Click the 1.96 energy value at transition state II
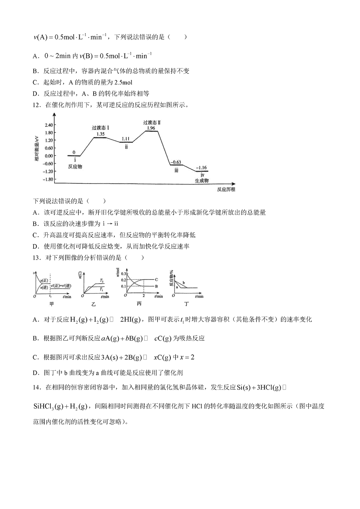151,128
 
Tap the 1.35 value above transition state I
100,134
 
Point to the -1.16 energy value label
202,168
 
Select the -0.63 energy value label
176,162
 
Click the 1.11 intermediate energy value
126,139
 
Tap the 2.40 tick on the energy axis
48,125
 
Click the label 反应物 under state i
75,166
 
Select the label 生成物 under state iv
202,181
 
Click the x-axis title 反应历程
226,190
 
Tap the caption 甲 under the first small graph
52,304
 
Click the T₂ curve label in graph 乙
102,281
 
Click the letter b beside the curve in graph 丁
184,283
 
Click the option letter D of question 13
36,373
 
